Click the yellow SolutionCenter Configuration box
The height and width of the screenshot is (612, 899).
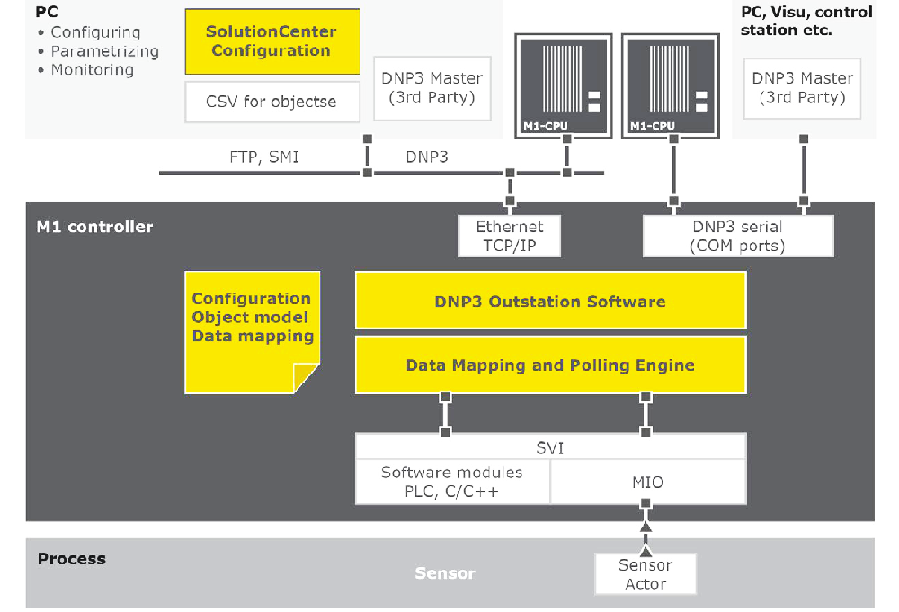271,41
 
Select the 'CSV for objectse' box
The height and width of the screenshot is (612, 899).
271,102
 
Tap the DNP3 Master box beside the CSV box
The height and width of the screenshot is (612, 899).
432,88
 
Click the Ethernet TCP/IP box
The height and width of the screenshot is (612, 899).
510,237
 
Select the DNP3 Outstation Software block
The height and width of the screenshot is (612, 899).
550,301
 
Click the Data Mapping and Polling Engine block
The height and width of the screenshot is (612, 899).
550,365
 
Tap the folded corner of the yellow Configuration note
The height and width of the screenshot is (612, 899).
307,378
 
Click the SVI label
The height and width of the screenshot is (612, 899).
550,447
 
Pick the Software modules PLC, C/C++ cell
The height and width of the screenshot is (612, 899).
452,482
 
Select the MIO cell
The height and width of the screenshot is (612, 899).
647,482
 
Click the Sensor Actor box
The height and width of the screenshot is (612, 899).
645,574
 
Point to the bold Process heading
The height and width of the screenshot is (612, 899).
72,559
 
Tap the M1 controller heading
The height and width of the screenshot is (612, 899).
94,227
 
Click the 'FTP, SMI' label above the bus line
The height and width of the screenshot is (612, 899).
264,157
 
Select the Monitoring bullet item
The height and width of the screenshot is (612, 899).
92,70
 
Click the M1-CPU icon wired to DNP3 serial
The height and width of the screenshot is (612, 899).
672,85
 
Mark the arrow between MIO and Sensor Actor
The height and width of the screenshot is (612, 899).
645,536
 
